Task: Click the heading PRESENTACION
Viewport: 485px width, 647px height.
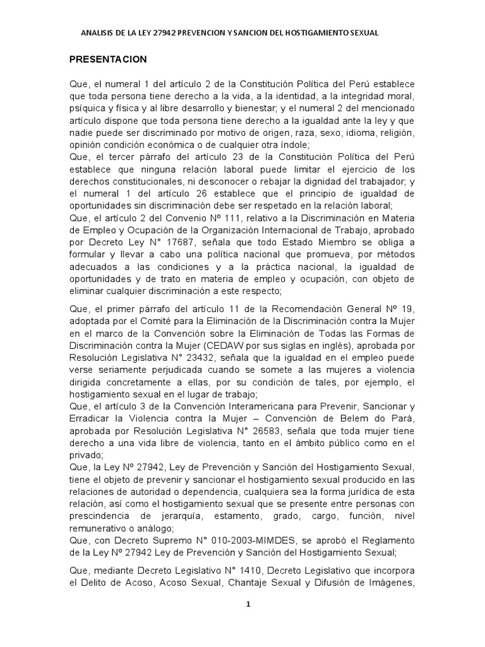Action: coord(108,59)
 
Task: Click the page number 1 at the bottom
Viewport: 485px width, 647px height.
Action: coord(248,604)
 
